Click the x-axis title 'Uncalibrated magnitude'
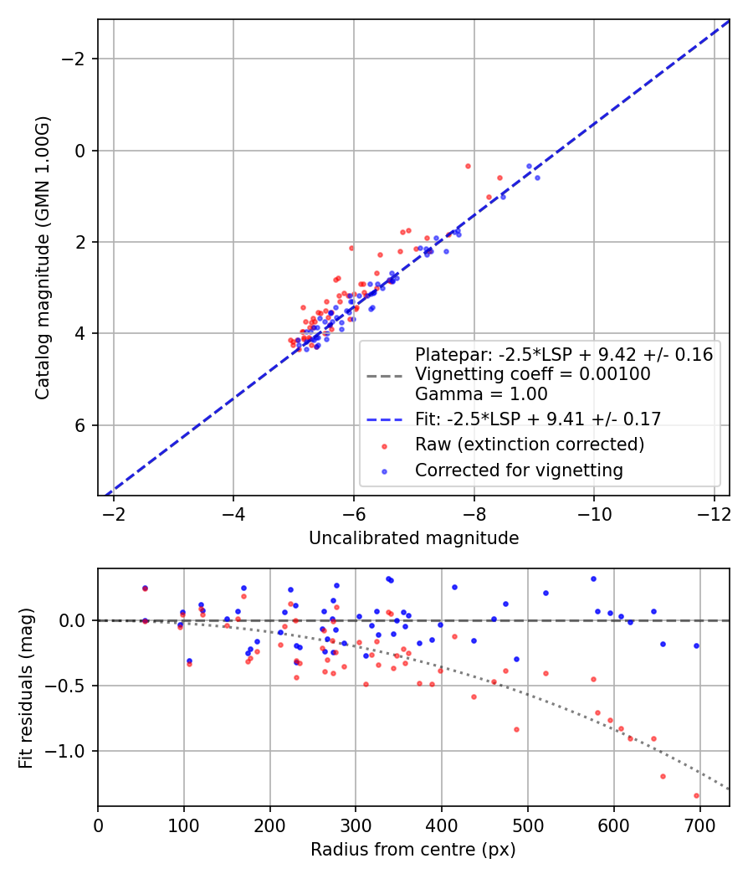pos(413,538)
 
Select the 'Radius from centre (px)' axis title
pos(413,850)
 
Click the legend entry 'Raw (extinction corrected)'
pos(529,444)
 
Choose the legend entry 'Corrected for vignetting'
pos(519,470)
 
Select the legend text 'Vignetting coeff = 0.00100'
pos(532,375)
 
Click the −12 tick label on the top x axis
pos(714,512)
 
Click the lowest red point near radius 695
pos(696,795)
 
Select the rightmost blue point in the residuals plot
pos(696,645)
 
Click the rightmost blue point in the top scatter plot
pos(537,177)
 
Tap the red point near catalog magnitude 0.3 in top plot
pos(468,166)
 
